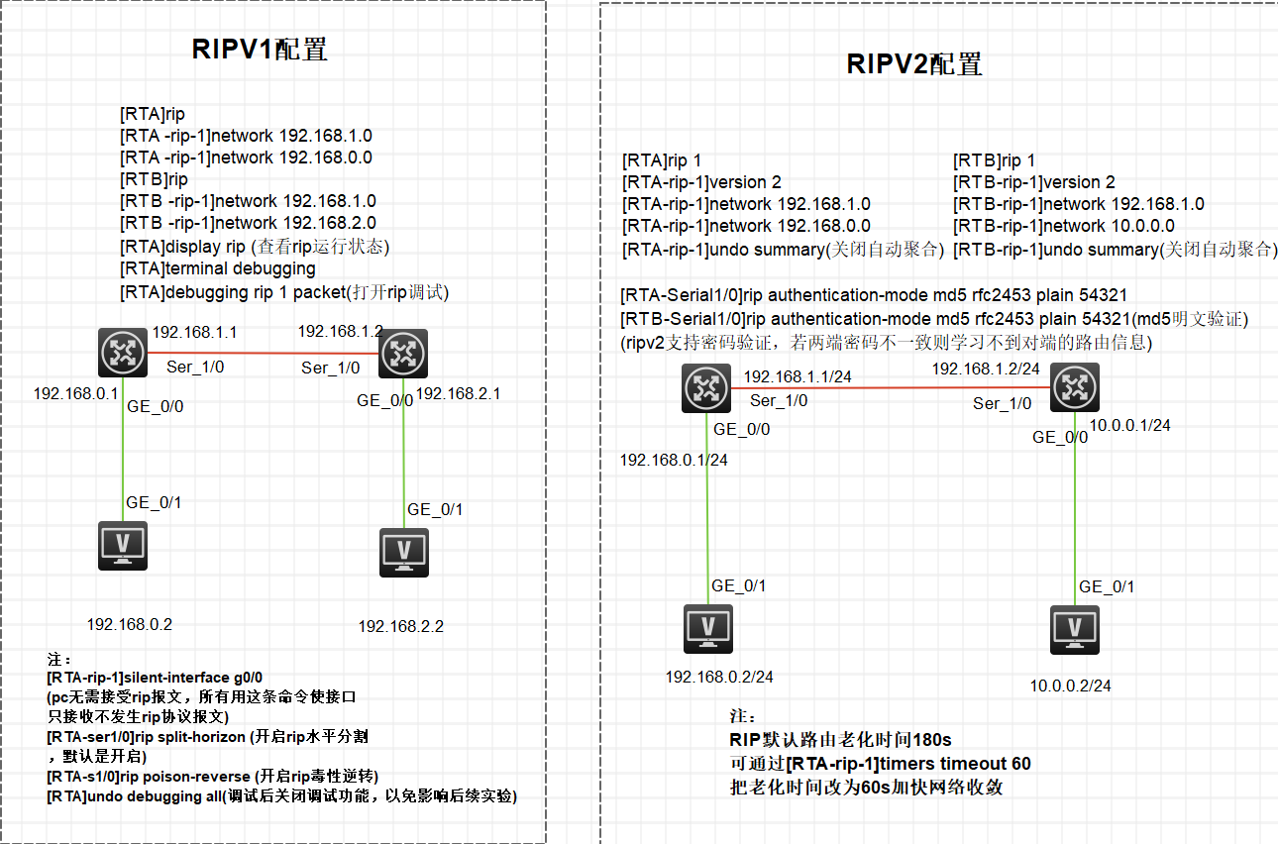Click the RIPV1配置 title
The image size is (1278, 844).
click(x=260, y=50)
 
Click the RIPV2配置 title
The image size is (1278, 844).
click(x=913, y=64)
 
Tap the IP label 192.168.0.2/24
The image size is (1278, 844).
click(x=719, y=677)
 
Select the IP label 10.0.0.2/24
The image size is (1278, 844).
click(x=1070, y=686)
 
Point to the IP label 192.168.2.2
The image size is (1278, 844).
click(x=400, y=626)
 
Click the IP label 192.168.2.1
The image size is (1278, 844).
click(x=459, y=393)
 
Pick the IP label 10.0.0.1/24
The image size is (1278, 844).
click(x=1130, y=425)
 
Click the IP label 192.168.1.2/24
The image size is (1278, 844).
click(x=985, y=369)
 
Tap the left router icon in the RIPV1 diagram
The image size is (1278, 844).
click(x=123, y=353)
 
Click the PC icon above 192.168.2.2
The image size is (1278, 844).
click(x=404, y=552)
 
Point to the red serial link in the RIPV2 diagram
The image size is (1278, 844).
click(x=892, y=387)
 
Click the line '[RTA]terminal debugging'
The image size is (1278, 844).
click(x=218, y=268)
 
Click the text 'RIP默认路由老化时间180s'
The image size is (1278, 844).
click(x=840, y=739)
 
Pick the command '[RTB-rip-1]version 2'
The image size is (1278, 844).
click(x=1034, y=182)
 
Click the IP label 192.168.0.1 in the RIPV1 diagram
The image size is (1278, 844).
click(x=75, y=393)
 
